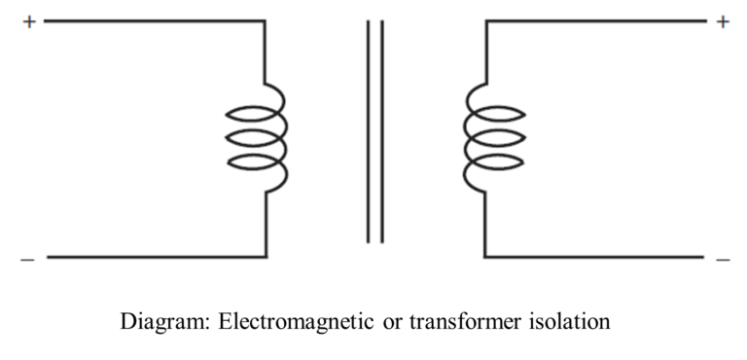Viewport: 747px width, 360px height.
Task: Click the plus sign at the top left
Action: [28, 20]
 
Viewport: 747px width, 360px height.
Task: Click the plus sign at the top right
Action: [722, 20]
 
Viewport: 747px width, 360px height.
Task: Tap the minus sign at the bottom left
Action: [27, 259]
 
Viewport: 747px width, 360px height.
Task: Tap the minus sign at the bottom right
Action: [722, 259]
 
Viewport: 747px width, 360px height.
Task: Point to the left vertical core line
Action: [369, 131]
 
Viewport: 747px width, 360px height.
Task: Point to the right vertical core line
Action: [381, 131]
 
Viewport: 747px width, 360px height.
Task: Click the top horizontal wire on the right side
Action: [593, 20]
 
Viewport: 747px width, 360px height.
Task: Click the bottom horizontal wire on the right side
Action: [593, 257]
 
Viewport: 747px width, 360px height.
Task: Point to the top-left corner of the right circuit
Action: [484, 20]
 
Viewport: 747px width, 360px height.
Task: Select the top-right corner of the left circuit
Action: [266, 20]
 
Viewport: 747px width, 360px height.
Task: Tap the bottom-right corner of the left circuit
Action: [266, 257]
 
